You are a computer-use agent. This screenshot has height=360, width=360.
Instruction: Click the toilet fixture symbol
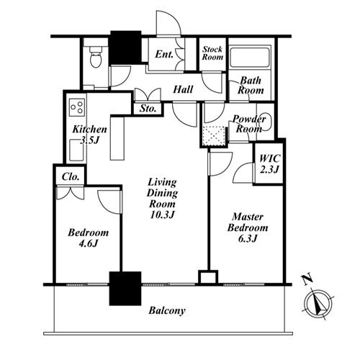coord(96,57)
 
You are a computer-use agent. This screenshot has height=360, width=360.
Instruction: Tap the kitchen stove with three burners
coord(77,107)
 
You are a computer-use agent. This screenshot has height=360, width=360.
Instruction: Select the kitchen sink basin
coord(76,150)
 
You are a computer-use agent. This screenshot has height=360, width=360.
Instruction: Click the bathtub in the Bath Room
coord(250,58)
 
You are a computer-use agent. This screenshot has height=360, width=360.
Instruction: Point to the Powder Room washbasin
coord(266,122)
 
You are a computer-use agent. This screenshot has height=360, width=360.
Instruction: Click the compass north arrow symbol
coord(318,305)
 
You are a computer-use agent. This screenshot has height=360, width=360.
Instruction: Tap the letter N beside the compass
coord(307,279)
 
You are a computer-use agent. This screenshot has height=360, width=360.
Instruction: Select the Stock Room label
coord(212,53)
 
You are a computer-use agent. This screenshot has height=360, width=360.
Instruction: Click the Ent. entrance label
coord(164,54)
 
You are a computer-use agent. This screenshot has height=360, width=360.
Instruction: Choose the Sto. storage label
coord(148,109)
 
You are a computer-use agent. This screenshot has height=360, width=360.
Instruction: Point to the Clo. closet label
coord(71,177)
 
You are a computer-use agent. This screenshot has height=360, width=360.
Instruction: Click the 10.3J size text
coord(162,215)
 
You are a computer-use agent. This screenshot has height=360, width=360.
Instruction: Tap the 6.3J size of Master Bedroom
coord(248,238)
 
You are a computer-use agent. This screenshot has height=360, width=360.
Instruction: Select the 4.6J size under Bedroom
coord(89,244)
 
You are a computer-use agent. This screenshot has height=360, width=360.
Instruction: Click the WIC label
coord(270,158)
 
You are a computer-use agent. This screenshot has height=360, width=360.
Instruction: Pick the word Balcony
coord(167,310)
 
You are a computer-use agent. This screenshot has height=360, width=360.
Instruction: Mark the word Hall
coord(183,89)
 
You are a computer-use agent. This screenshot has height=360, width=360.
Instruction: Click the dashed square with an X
coord(214,136)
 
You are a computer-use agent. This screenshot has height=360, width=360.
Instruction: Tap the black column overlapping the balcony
coord(125,289)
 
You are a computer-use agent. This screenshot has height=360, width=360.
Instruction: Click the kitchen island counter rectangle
coord(117,138)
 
